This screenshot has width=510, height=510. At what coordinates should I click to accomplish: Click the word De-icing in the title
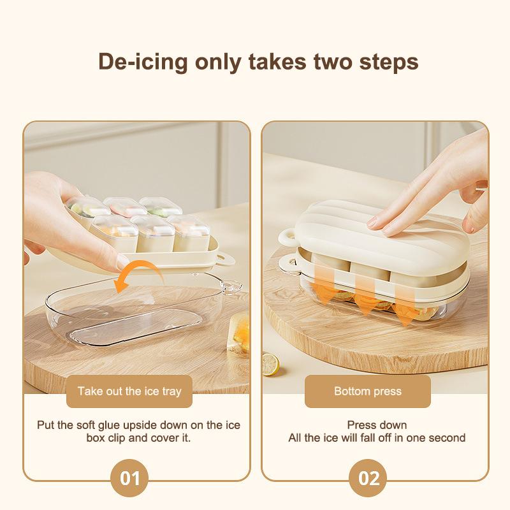143,62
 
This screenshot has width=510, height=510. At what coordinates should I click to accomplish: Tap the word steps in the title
389,61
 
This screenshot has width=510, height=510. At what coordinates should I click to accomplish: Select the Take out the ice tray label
129,391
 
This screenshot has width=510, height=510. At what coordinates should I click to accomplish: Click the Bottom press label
368,391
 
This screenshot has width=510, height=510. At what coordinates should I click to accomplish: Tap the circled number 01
129,478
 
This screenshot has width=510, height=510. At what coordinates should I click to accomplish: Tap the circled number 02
368,478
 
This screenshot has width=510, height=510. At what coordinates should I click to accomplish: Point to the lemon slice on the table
270,364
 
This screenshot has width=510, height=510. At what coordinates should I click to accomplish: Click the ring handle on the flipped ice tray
225,259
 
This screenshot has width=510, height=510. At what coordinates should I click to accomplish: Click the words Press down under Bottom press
377,425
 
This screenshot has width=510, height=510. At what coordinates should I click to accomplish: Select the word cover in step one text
164,438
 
